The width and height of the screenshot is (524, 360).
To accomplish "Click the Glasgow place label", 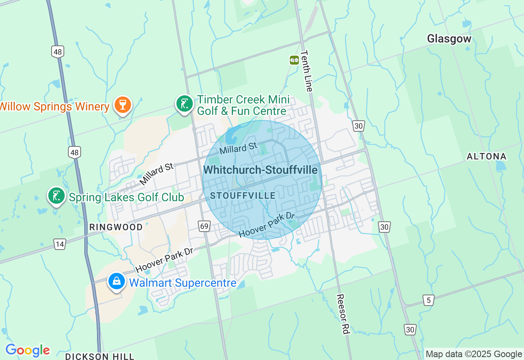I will point(449,39).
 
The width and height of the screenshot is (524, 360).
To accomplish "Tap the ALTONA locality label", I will point(487,156).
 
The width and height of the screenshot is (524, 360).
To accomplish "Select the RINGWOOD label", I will point(116,227).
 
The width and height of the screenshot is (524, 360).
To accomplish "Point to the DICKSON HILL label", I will point(99,356).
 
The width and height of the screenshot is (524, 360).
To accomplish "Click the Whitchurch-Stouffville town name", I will point(260,169).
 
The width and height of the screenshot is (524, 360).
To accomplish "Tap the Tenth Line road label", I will point(307,71).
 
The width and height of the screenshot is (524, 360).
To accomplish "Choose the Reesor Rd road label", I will point(343,314).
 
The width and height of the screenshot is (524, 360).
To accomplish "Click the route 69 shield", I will point(204,226).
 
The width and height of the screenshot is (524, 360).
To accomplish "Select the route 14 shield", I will point(60,244).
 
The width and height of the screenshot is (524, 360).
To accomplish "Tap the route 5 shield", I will point(428,300).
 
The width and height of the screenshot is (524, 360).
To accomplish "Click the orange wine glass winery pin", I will point(122,105).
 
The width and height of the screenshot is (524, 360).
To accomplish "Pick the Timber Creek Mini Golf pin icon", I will point(185,103).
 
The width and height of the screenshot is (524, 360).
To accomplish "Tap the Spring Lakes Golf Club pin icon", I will point(56,196).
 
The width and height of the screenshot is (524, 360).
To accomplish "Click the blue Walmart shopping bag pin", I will point(117,281).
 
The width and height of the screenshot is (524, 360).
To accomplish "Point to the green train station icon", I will point(294,60).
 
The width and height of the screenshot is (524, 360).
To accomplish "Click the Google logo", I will point(27,351).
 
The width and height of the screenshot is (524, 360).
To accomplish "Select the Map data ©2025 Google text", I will point(474,354).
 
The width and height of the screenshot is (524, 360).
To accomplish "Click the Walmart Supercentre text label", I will point(183,283).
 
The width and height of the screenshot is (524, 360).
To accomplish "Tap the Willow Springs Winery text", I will point(54,107).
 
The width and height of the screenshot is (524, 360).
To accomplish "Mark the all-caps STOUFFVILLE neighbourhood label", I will point(243,196).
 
